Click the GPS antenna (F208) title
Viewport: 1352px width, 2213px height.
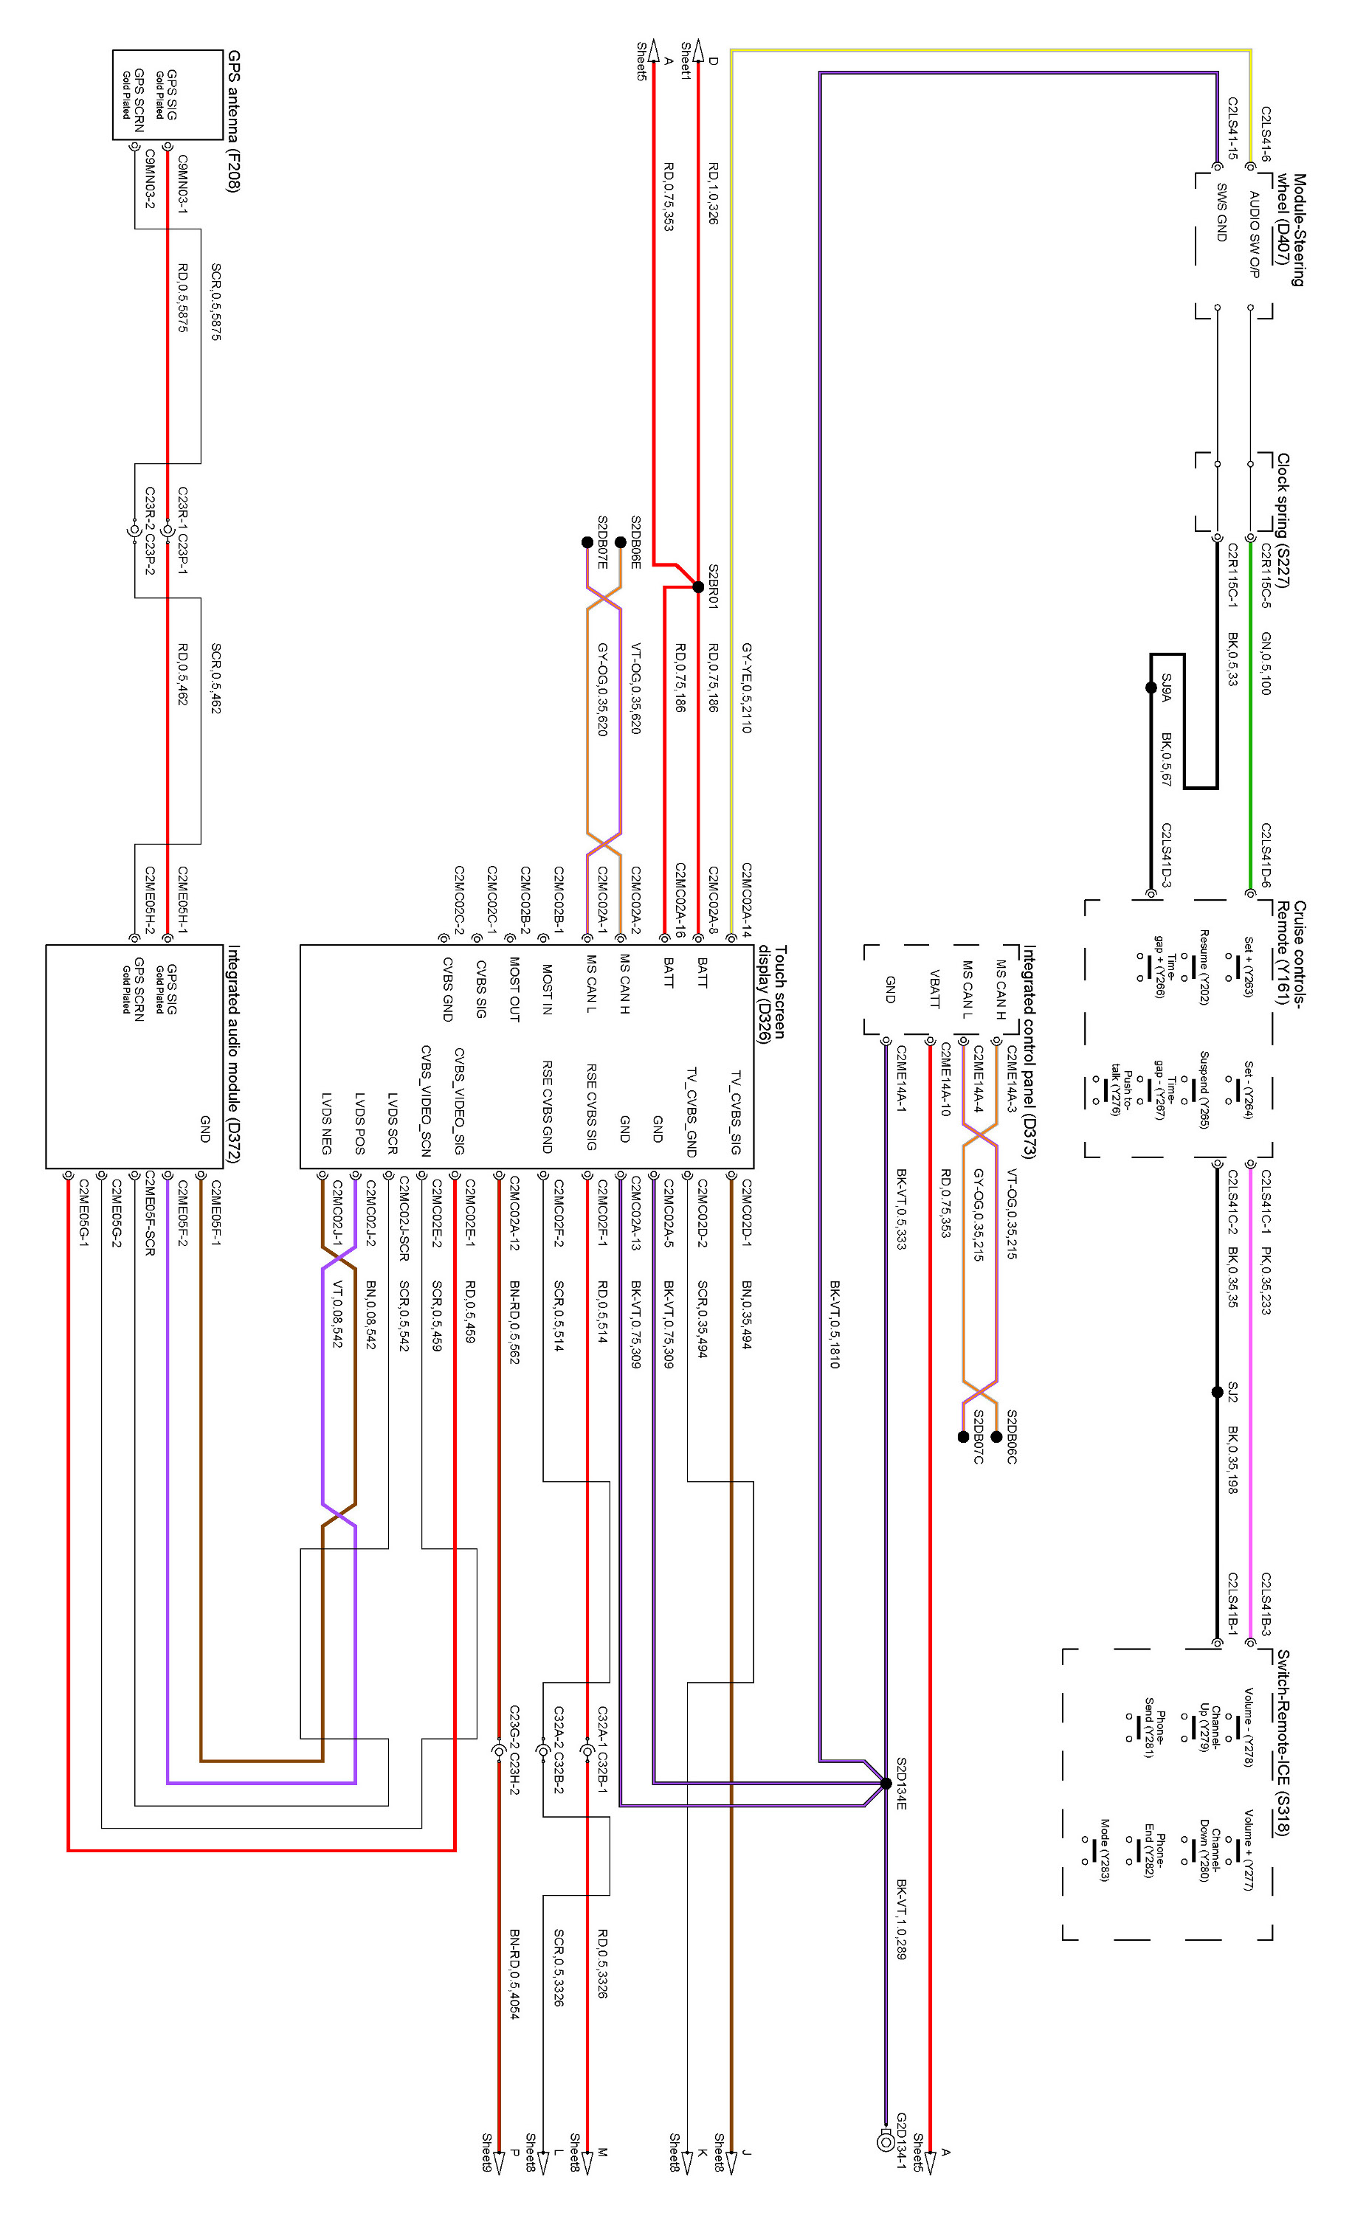click(x=233, y=121)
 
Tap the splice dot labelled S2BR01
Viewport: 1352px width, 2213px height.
click(x=698, y=586)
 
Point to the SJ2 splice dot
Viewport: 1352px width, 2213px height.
click(x=1217, y=1392)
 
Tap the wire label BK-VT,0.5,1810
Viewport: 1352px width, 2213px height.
click(x=835, y=1325)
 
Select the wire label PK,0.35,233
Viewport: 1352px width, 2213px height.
click(x=1266, y=1280)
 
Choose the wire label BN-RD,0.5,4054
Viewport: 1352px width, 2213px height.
click(x=514, y=1973)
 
